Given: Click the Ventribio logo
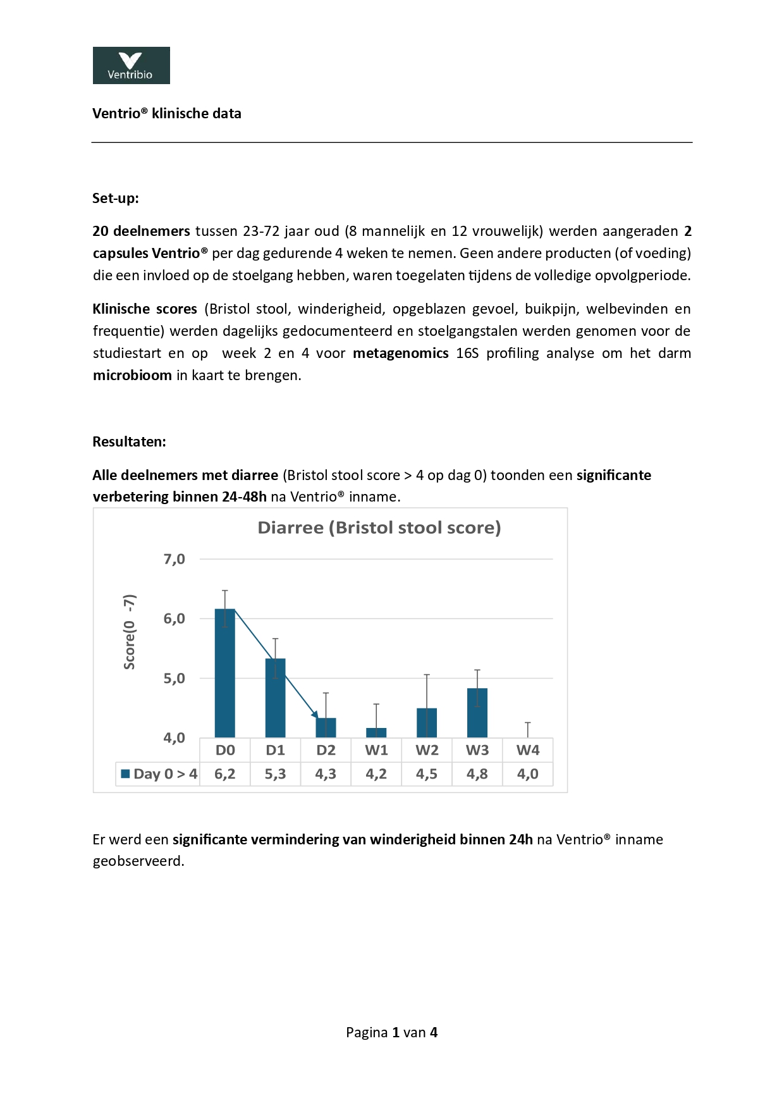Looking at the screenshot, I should point(131,65).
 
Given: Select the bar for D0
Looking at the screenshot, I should point(225,673).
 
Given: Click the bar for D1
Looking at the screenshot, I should point(275,698).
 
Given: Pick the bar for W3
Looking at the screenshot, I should point(477,713).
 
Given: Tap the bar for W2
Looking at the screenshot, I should point(427,723).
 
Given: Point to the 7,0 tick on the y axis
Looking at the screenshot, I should point(175,559).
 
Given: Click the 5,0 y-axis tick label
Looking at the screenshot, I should point(175,679).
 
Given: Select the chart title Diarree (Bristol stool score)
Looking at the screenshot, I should point(379,527).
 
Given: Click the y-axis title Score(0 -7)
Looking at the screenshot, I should point(130,632).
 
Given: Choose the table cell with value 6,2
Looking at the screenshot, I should point(225,774).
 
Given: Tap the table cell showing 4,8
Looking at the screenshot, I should point(477,774).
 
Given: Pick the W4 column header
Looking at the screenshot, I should point(528,750).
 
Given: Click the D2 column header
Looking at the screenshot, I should point(326,750).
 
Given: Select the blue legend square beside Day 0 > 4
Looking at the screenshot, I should point(125,774).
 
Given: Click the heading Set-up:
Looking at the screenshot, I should point(116,198).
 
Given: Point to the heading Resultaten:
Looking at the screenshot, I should point(129,441).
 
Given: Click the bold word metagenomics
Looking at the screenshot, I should point(400,353).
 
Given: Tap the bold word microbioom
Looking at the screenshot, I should point(132,375).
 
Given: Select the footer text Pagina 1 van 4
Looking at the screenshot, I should point(391,1032).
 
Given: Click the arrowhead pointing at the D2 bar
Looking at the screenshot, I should point(315,715).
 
